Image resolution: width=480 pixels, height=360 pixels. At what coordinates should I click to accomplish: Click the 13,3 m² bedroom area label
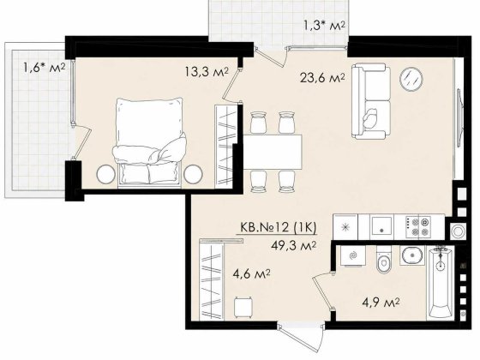pyautogui.click(x=207, y=72)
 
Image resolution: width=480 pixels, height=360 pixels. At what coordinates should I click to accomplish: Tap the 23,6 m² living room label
pyautogui.click(x=322, y=78)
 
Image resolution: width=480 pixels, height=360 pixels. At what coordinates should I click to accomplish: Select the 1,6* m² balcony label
pyautogui.click(x=45, y=67)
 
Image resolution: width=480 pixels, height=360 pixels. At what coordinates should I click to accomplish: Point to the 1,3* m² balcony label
pyautogui.click(x=325, y=25)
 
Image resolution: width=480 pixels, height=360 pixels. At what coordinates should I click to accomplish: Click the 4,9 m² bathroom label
pyautogui.click(x=381, y=303)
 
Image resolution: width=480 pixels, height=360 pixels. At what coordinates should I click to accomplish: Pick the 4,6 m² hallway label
pyautogui.click(x=251, y=274)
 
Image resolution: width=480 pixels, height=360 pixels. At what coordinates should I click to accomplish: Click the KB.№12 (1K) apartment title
pyautogui.click(x=278, y=227)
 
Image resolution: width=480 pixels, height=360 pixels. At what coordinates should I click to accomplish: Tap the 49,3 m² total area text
pyautogui.click(x=293, y=245)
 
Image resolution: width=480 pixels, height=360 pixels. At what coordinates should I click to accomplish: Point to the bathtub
pyautogui.click(x=441, y=283)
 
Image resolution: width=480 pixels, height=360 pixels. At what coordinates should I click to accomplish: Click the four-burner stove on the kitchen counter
pyautogui.click(x=418, y=227)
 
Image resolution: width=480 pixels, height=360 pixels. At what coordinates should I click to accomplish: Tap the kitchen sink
pyautogui.click(x=381, y=226)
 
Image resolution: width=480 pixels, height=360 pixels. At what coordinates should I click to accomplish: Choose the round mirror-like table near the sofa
pyautogui.click(x=411, y=79)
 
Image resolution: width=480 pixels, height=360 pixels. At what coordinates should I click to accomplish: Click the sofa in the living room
pyautogui.click(x=371, y=101)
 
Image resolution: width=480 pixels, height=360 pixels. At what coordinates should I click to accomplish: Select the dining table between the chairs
pyautogui.click(x=273, y=153)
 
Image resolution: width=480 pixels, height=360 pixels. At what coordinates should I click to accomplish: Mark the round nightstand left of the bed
pyautogui.click(x=106, y=174)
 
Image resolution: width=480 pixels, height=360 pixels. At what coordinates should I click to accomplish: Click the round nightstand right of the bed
pyautogui.click(x=193, y=174)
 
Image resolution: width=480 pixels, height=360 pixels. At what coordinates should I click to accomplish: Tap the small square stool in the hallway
pyautogui.click(x=243, y=307)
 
